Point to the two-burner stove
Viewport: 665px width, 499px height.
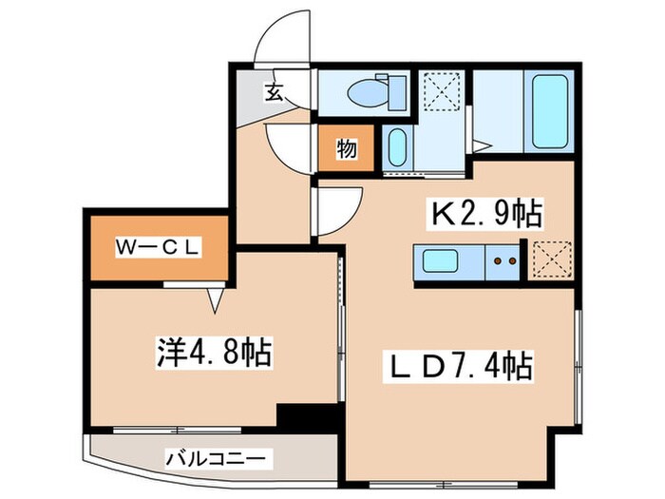[x=504, y=259]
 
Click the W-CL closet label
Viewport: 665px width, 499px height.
[x=158, y=248]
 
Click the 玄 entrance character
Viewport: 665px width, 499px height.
[x=274, y=92]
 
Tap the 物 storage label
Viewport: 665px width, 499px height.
[x=347, y=149]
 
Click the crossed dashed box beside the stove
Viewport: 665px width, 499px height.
[x=549, y=259]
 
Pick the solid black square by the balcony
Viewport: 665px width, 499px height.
[x=308, y=417]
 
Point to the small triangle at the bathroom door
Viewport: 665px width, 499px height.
[x=483, y=144]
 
